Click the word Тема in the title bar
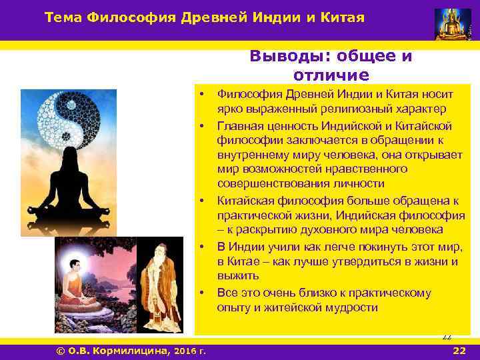tap(63, 17)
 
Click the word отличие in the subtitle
tap(331, 75)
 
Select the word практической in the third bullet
tap(255, 215)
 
